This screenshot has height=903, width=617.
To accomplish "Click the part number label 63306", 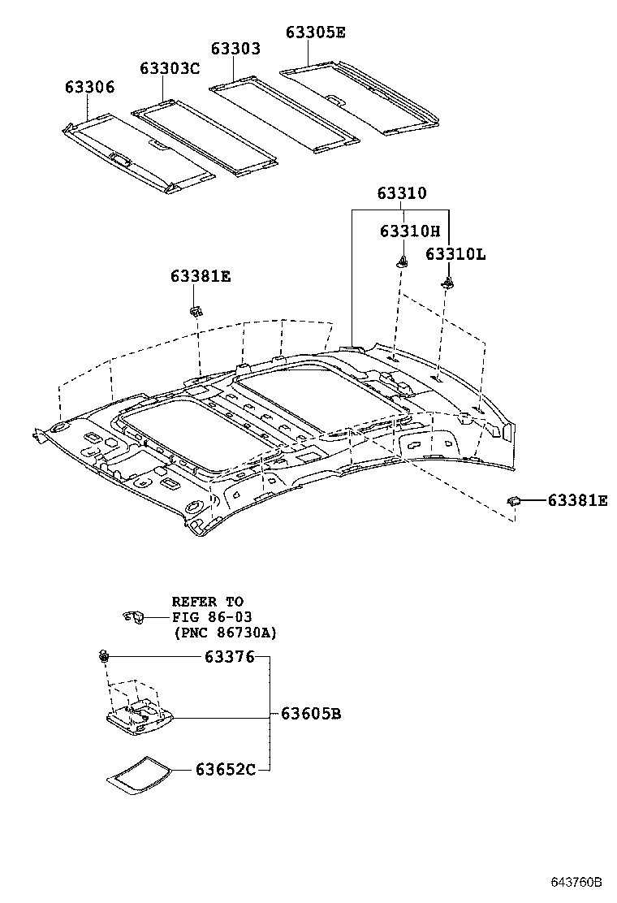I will pyautogui.click(x=90, y=88).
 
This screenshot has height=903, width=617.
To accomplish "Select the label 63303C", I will pyautogui.click(x=169, y=68).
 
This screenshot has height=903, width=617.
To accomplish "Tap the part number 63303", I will pyautogui.click(x=235, y=49).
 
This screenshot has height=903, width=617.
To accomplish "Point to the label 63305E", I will pyautogui.click(x=315, y=32).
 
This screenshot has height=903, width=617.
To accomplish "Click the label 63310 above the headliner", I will pyautogui.click(x=401, y=193).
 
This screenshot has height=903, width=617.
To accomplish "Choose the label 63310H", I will pyautogui.click(x=409, y=231).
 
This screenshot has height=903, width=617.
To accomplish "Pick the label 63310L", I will pyautogui.click(x=455, y=254).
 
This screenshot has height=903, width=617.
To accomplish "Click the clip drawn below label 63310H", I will pyautogui.click(x=401, y=261).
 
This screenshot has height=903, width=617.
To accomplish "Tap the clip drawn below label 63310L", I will pyautogui.click(x=447, y=283).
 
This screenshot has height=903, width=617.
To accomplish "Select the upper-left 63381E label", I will pyautogui.click(x=201, y=276).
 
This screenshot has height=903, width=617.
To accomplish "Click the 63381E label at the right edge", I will pyautogui.click(x=577, y=501).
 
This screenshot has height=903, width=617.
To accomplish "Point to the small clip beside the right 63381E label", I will pyautogui.click(x=514, y=501).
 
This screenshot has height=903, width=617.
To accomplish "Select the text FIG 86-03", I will pyautogui.click(x=206, y=617).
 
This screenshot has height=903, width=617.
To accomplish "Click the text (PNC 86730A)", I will pyautogui.click(x=224, y=633).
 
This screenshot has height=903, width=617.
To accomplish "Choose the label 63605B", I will pyautogui.click(x=311, y=715).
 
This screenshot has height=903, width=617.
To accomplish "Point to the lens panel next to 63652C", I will pyautogui.click(x=140, y=772).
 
